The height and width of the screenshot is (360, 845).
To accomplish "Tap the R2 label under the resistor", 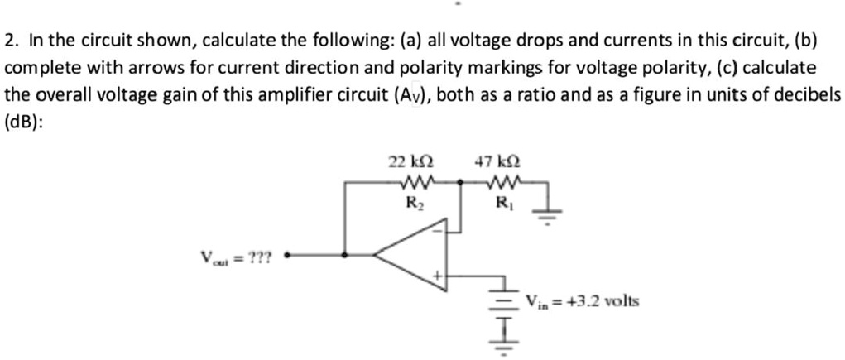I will [x=411, y=200].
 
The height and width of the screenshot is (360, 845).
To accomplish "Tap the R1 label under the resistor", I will [x=502, y=200].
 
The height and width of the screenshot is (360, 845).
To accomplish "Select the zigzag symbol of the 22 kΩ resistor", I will [x=411, y=182].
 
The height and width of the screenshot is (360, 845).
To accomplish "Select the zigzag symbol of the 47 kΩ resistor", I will [x=502, y=182].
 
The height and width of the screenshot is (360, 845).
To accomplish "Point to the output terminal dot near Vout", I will [x=287, y=256].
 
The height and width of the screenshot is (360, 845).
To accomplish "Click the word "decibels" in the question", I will [x=808, y=94].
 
